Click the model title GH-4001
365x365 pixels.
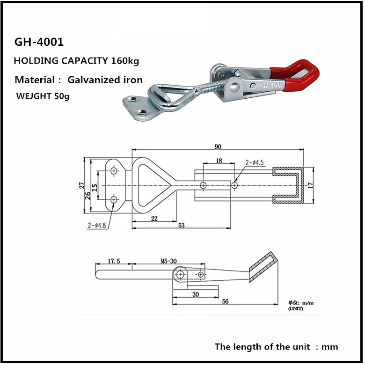point(39,42)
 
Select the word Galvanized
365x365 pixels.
point(91,80)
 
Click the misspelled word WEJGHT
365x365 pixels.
point(34,96)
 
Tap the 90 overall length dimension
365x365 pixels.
point(218,147)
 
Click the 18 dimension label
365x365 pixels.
point(219,161)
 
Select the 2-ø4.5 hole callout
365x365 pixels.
point(255,162)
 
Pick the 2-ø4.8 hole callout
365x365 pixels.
point(97,226)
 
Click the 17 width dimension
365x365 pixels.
point(311,185)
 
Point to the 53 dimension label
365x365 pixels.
point(182,226)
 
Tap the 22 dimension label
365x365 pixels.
point(154,219)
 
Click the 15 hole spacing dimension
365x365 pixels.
point(95,188)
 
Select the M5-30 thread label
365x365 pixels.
point(169,261)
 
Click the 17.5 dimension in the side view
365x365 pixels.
point(114,261)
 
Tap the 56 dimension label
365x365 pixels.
point(225,301)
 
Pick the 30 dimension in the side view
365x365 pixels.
point(196,294)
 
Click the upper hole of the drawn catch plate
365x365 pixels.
point(114,171)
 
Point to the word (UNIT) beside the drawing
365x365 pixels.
point(296,309)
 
